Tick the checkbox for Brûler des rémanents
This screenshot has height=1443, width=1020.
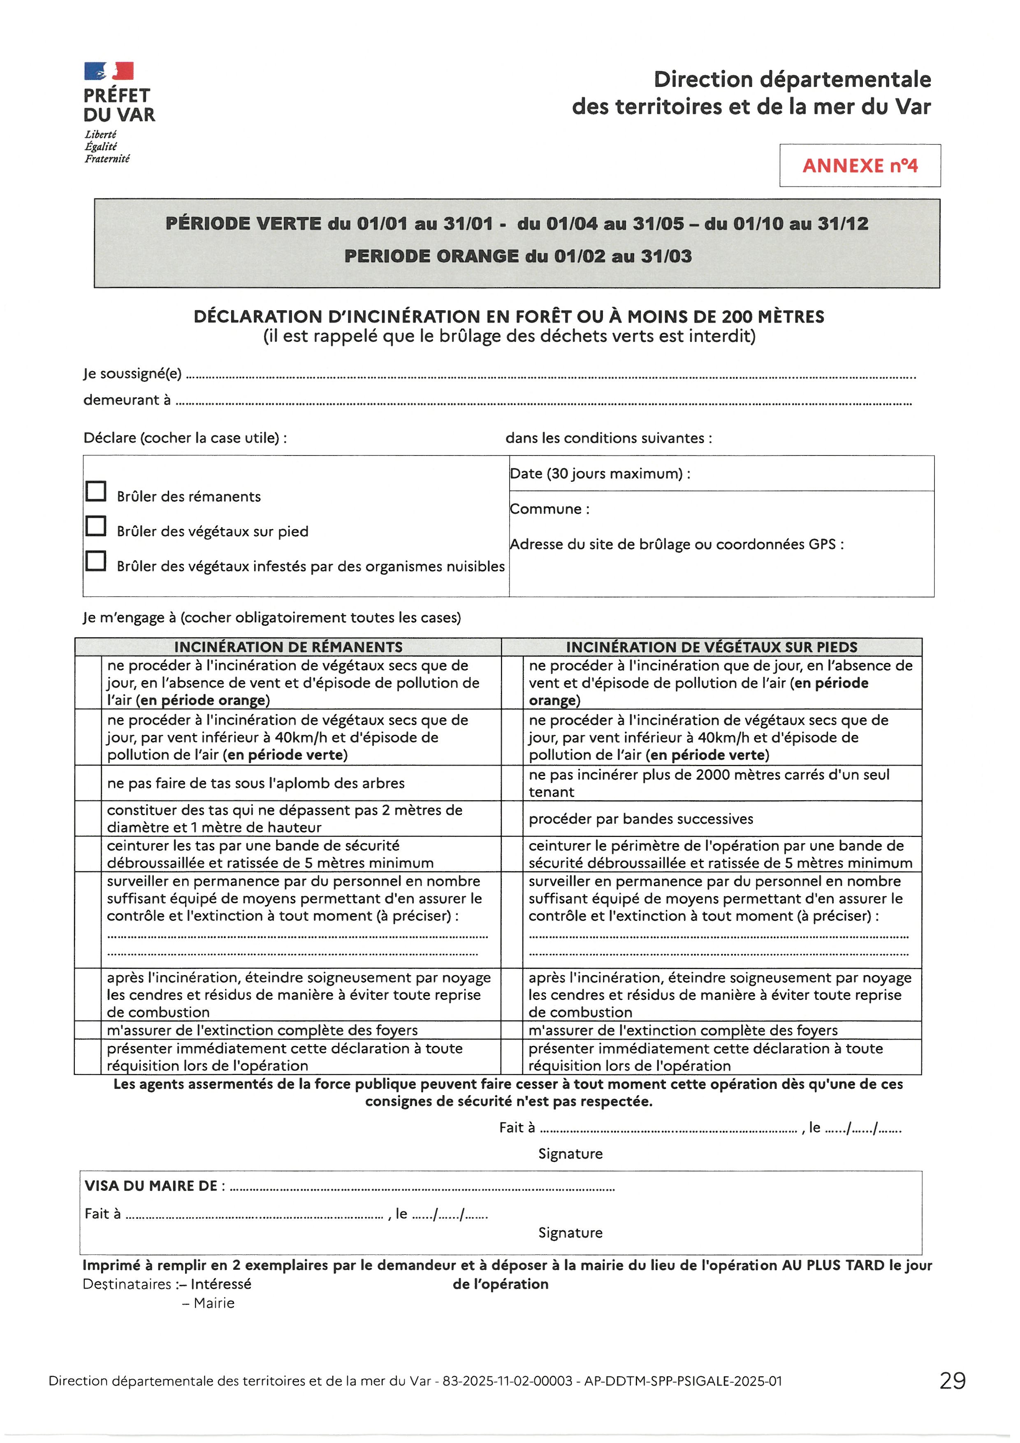pyautogui.click(x=95, y=491)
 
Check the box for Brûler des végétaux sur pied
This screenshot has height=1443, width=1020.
pyautogui.click(x=95, y=526)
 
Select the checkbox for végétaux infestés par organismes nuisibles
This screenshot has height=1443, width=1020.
pyautogui.click(x=95, y=560)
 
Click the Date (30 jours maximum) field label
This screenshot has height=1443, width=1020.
pyautogui.click(x=600, y=474)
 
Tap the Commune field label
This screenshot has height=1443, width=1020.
pyautogui.click(x=549, y=509)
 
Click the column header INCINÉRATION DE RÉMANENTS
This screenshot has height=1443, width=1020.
pyautogui.click(x=288, y=647)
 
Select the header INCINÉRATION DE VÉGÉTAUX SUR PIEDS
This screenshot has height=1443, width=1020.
pyautogui.click(x=711, y=647)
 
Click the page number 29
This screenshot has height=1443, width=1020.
pyautogui.click(x=952, y=1381)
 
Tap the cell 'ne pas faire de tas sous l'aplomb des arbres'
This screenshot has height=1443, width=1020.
pyautogui.click(x=256, y=783)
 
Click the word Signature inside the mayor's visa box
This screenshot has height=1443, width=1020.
pyautogui.click(x=570, y=1233)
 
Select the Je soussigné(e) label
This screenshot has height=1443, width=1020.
pyautogui.click(x=132, y=374)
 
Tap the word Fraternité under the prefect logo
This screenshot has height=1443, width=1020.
pyautogui.click(x=107, y=159)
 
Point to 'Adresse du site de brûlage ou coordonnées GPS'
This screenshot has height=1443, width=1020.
pyautogui.click(x=677, y=544)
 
